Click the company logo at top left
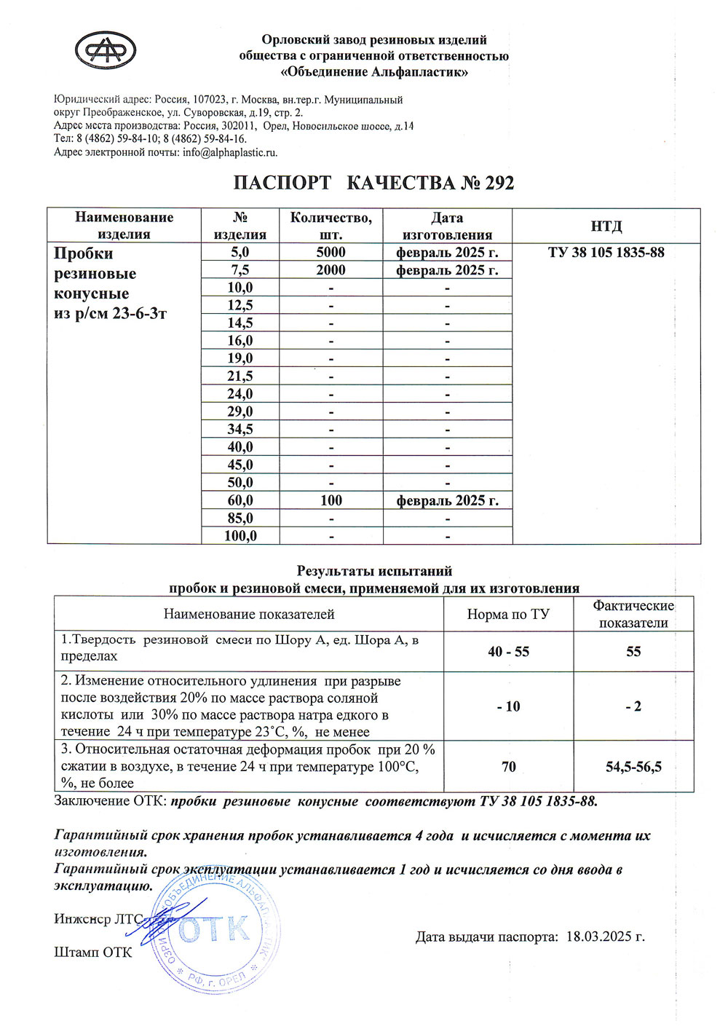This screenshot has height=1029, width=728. (106, 51)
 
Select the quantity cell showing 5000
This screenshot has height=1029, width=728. (331, 252)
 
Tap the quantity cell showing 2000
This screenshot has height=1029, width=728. (331, 270)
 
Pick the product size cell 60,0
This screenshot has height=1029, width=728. (240, 500)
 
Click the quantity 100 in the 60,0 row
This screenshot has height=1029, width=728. (331, 500)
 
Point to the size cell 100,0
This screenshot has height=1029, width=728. (240, 536)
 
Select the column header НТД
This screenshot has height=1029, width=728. (606, 226)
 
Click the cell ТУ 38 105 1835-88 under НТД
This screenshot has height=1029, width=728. (606, 253)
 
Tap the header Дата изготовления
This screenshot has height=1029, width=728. (447, 226)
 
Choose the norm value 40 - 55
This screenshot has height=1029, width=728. (508, 652)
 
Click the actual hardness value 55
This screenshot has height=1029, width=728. (633, 652)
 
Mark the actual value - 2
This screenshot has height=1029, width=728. (633, 706)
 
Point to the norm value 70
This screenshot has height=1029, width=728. (508, 767)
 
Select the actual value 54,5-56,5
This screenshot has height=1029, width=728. (633, 767)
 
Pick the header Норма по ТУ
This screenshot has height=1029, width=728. (508, 614)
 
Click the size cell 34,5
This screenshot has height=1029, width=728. (240, 430)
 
